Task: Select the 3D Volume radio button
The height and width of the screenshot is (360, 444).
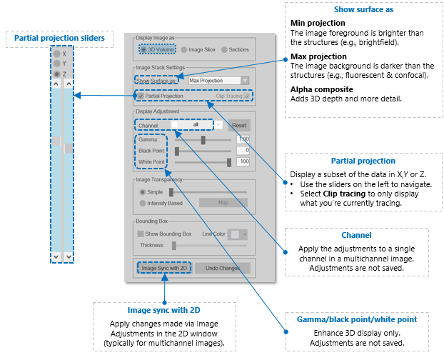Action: pyautogui.click(x=143, y=49)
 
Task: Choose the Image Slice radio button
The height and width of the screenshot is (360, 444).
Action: pyautogui.click(x=184, y=49)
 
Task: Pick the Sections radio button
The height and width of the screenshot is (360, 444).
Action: pyautogui.click(x=224, y=49)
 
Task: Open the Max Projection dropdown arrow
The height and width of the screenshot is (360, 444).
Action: pyautogui.click(x=245, y=81)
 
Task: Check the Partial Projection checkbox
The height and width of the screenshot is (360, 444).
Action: pyautogui.click(x=141, y=96)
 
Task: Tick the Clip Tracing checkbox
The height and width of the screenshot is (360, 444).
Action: pyautogui.click(x=247, y=96)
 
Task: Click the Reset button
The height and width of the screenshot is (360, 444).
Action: pyautogui.click(x=239, y=126)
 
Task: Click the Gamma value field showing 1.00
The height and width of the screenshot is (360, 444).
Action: pyautogui.click(x=243, y=139)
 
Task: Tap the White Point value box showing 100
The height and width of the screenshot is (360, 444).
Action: pyautogui.click(x=243, y=161)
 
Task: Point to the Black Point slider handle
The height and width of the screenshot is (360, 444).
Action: pyautogui.click(x=177, y=151)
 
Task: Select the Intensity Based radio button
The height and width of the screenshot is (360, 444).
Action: pyautogui.click(x=143, y=203)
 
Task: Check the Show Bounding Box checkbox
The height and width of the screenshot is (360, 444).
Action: pyautogui.click(x=140, y=234)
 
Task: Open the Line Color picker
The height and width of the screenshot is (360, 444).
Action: pyautogui.click(x=237, y=234)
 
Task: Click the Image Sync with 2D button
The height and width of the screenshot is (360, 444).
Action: pyautogui.click(x=164, y=268)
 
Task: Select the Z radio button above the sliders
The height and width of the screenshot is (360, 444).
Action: pyautogui.click(x=56, y=74)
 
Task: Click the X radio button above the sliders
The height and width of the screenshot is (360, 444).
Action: pyautogui.click(x=56, y=54)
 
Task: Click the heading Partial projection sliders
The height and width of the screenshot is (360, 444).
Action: pyautogui.click(x=59, y=38)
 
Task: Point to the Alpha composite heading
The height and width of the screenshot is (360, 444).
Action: pyautogui.click(x=322, y=89)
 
